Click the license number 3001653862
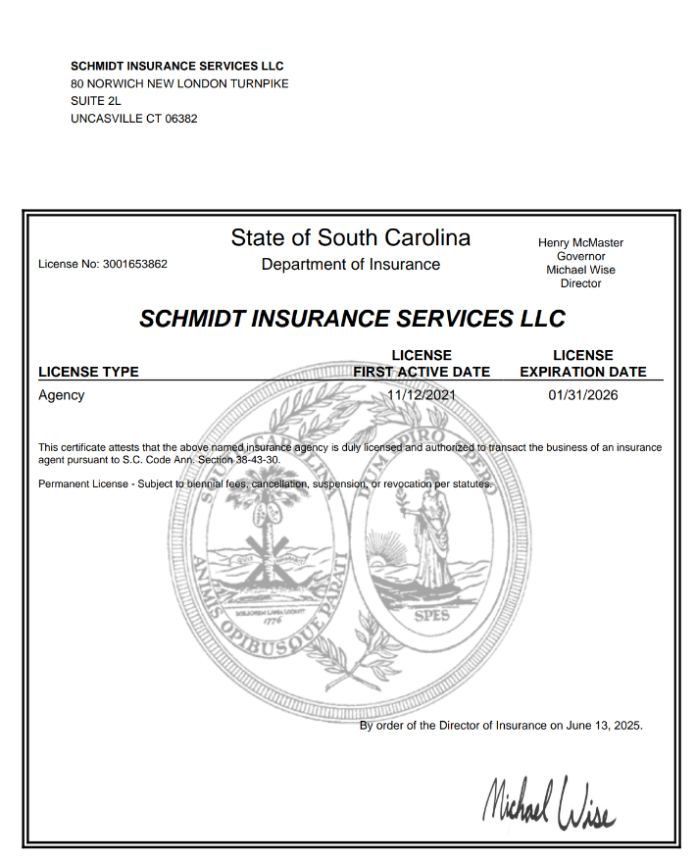(134, 264)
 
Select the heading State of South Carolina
(351, 237)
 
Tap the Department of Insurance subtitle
(351, 264)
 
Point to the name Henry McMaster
(580, 242)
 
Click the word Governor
(580, 256)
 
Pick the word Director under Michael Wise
(580, 283)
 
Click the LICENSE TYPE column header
(88, 372)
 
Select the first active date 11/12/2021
(422, 395)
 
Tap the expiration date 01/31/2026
(583, 395)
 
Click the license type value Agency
(61, 395)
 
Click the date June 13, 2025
(605, 726)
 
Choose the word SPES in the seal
(430, 617)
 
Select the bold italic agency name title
(352, 319)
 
